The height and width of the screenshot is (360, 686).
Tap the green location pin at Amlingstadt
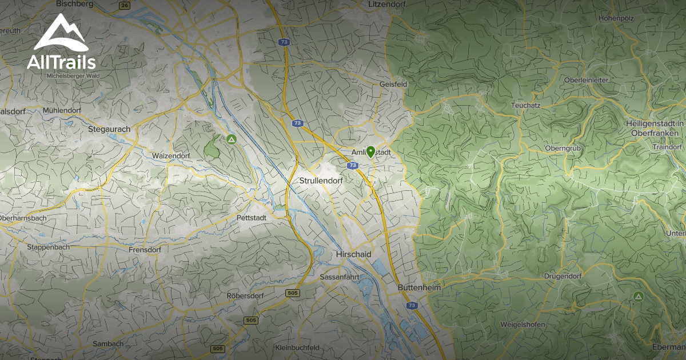pyautogui.click(x=370, y=151)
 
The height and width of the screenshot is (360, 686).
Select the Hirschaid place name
pyautogui.click(x=353, y=254)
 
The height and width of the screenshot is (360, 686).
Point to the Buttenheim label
pyautogui.click(x=419, y=288)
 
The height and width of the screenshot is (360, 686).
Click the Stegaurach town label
pyautogui.click(x=109, y=129)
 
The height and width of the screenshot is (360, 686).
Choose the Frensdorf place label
pyautogui.click(x=145, y=250)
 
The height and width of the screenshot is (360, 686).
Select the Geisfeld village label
pyautogui.click(x=393, y=84)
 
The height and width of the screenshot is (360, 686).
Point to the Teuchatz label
pyautogui.click(x=526, y=106)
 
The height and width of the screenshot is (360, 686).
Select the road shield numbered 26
pyautogui.click(x=125, y=6)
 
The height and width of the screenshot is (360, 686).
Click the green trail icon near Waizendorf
pyautogui.click(x=231, y=139)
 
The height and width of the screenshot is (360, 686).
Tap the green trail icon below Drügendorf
pyautogui.click(x=638, y=296)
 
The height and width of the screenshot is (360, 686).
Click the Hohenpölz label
pyautogui.click(x=616, y=18)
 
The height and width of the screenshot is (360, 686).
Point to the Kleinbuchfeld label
pyautogui.click(x=297, y=347)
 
